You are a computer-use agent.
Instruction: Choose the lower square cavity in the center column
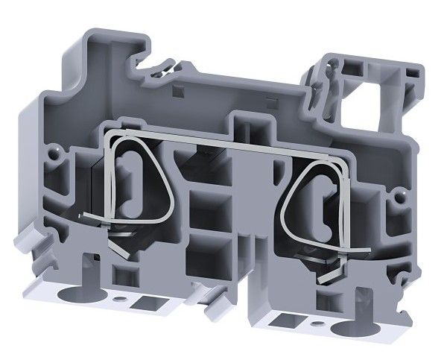[x=202, y=257]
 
